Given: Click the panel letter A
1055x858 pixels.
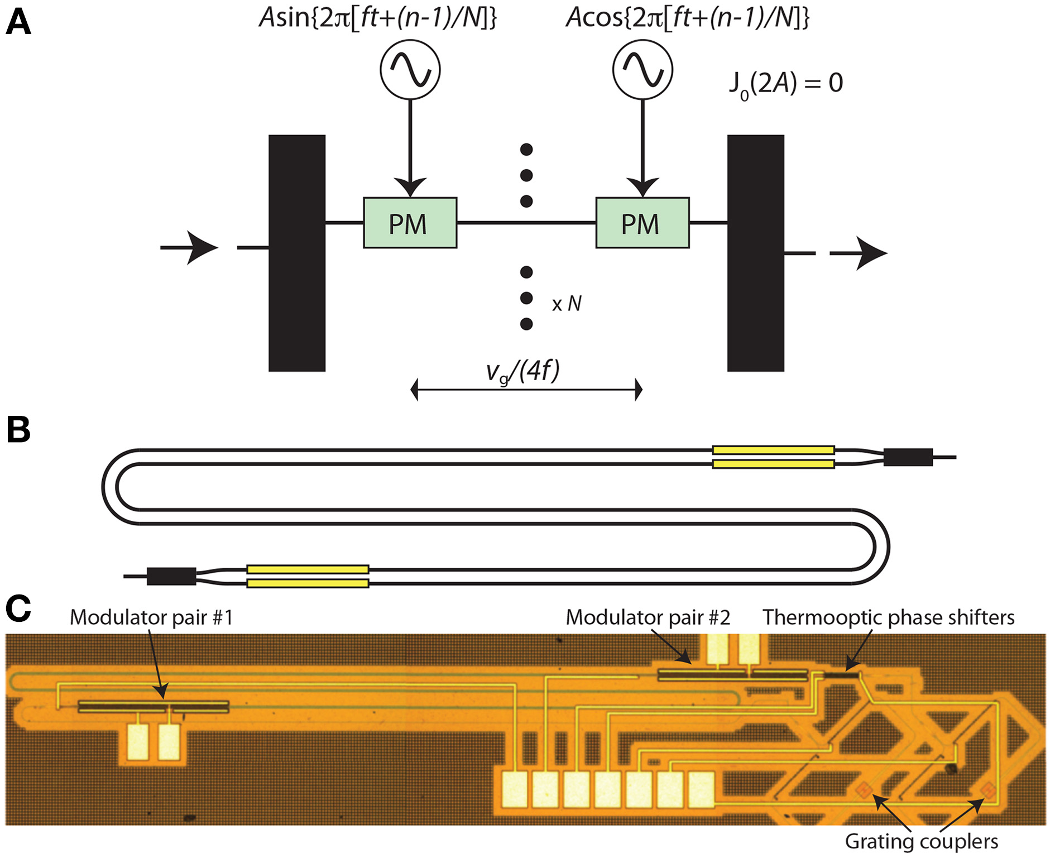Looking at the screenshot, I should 18,23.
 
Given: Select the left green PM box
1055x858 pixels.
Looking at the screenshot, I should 410,223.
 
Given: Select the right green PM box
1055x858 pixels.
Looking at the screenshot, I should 642,223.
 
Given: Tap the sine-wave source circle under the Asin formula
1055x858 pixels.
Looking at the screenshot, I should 410,70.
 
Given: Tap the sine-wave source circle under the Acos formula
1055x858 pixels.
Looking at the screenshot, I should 642,70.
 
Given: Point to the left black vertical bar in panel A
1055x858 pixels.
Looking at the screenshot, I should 297,253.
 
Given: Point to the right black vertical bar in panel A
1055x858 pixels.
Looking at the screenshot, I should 755,253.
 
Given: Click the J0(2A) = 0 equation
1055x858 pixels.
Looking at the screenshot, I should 785,84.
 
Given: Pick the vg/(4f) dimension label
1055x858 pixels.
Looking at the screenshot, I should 522,372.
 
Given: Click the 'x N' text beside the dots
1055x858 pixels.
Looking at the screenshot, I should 567,304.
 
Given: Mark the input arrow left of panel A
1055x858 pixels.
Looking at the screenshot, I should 190,247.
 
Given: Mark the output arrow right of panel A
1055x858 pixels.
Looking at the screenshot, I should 860,253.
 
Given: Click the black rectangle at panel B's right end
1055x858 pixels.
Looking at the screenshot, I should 908,457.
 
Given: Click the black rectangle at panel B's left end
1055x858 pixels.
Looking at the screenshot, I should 171,576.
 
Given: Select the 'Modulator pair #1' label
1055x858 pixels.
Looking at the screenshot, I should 151,617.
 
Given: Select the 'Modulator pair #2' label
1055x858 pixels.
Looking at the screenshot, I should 648,617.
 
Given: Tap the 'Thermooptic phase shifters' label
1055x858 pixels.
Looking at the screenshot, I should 888,617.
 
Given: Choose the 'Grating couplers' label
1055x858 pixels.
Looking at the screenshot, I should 921,841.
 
